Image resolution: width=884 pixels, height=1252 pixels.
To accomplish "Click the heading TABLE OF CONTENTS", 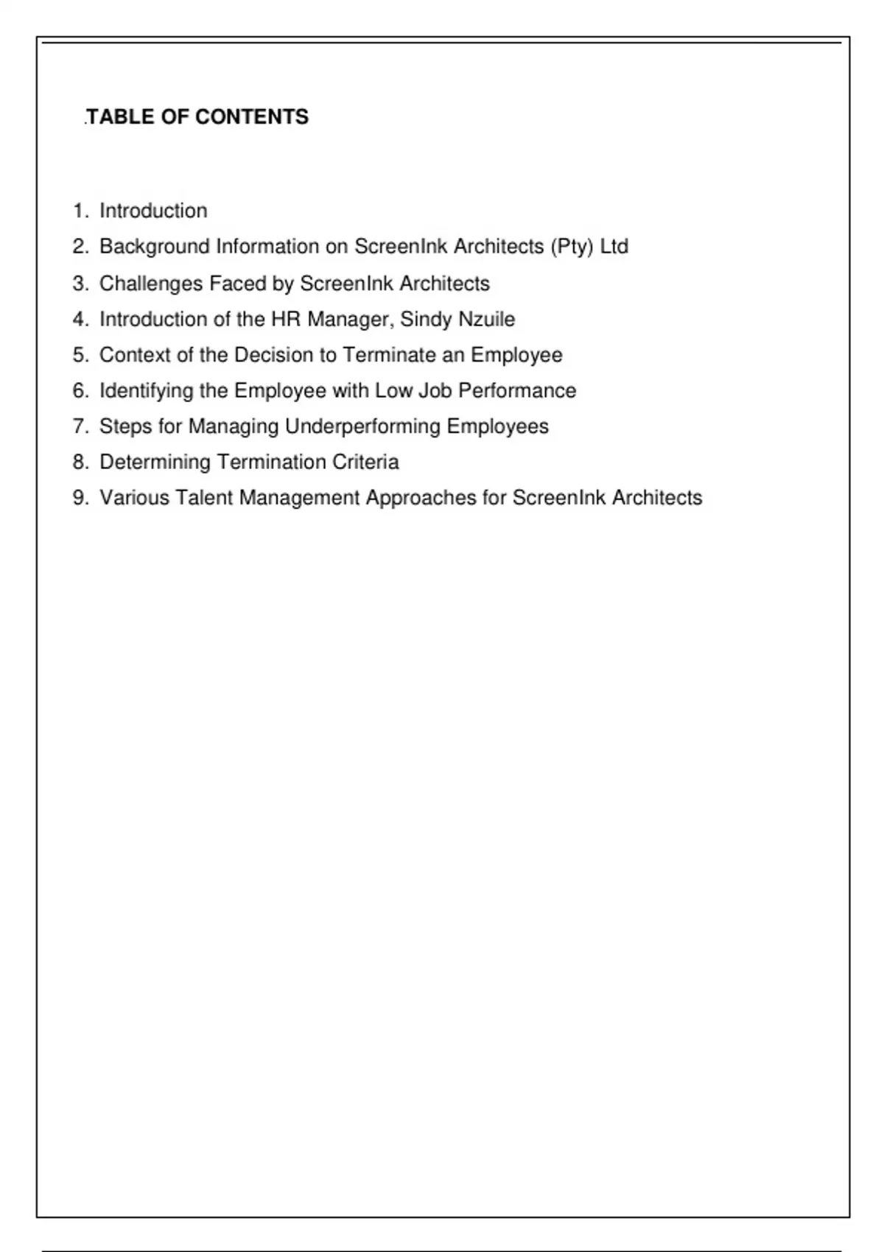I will coord(197,117).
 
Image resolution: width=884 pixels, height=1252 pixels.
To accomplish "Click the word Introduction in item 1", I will coord(153,211).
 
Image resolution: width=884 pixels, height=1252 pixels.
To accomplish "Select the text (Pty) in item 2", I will coord(572,246).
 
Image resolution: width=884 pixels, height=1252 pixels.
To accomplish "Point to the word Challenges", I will coord(151,284).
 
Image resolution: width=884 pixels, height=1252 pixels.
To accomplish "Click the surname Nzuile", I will coord(486,319).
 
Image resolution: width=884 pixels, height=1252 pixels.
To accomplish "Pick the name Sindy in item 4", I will coord(425,319).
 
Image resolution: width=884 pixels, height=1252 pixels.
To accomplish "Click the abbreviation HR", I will coord(286,319).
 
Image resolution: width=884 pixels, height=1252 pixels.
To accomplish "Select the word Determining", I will coord(155,462).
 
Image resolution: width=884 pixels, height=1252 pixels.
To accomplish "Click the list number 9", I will coord(80,498).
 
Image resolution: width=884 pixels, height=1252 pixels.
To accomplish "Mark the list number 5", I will coord(80,355).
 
